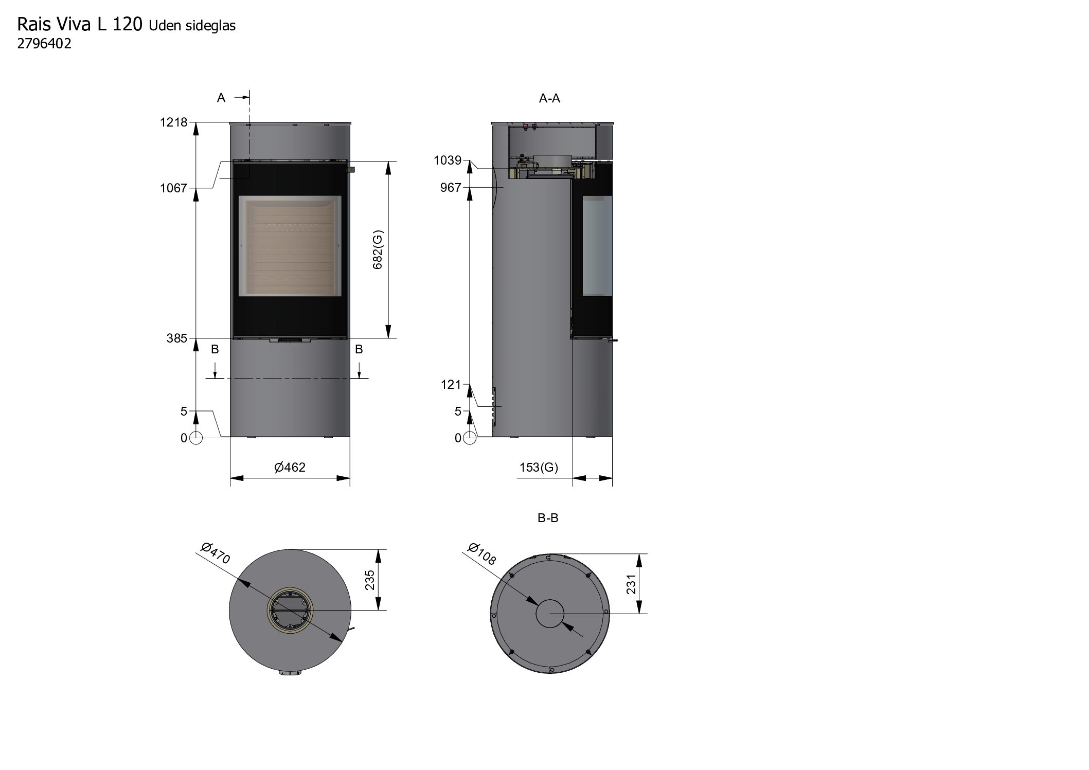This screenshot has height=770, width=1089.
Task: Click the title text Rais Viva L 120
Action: (80, 25)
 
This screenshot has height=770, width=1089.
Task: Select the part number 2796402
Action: (44, 44)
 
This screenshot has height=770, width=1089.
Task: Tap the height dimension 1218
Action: (174, 123)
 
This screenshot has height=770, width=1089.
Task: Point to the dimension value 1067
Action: (174, 188)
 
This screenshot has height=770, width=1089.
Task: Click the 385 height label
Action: (177, 338)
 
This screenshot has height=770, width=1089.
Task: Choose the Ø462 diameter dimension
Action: (290, 467)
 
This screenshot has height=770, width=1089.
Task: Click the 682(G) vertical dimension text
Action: (378, 250)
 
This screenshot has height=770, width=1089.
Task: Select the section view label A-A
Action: (549, 99)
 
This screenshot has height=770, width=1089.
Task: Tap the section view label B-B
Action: (548, 518)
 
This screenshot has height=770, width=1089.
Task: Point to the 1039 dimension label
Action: (448, 160)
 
